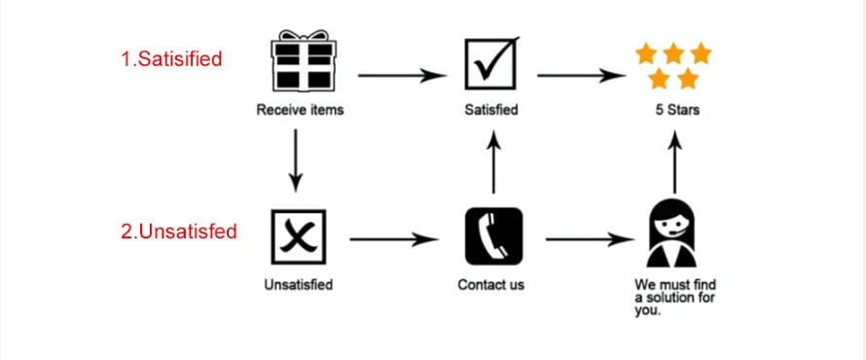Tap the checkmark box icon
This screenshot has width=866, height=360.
tap(491, 62)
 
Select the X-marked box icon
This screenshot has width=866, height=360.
tap(299, 236)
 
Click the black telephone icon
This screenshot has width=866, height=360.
tap(493, 235)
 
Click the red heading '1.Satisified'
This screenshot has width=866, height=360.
tap(172, 58)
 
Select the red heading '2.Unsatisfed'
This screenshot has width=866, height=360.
tap(179, 231)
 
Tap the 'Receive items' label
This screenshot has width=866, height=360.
tap(300, 110)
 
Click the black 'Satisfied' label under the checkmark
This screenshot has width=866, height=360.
tap(491, 110)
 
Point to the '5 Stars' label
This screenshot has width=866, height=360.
tap(677, 110)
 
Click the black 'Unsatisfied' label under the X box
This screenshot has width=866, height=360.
tap(299, 285)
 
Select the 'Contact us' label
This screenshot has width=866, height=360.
tap(491, 285)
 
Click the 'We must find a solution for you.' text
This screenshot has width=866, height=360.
tap(675, 298)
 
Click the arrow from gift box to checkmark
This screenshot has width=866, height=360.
tap(402, 75)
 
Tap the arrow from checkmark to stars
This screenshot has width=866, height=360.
tap(581, 75)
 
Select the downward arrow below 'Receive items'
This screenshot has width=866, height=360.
tap(296, 161)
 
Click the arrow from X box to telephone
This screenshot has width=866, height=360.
tap(394, 239)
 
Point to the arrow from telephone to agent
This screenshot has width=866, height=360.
tap(590, 239)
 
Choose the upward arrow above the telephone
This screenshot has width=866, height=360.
tap(494, 162)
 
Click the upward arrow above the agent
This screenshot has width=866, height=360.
tap(674, 162)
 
